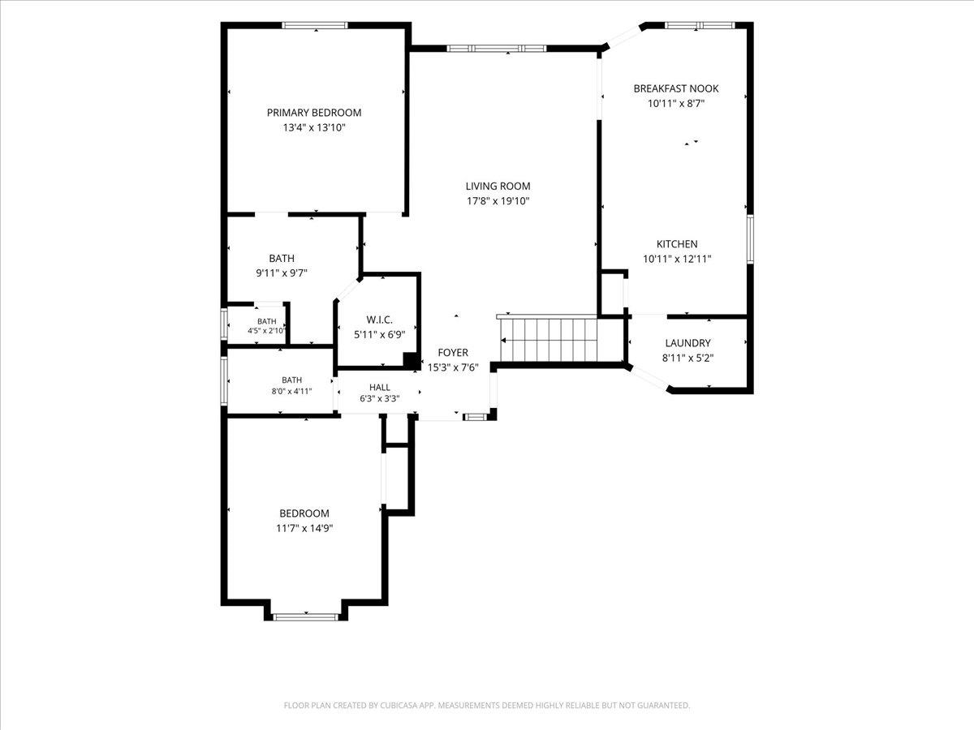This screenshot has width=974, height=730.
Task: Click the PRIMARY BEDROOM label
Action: coord(314,113)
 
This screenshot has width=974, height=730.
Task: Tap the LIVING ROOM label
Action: coord(498,187)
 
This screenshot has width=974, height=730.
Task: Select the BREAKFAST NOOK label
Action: coord(676,88)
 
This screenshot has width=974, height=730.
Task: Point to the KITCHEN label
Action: coord(677,244)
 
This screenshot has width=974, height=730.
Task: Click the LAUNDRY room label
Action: coord(687,343)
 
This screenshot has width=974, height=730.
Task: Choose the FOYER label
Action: coord(453,353)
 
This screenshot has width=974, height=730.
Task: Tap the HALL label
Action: coord(379,388)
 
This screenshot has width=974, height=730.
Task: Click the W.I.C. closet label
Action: coord(379,320)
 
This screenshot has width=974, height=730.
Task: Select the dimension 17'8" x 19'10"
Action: coord(498,201)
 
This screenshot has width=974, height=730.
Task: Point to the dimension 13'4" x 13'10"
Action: coord(314,127)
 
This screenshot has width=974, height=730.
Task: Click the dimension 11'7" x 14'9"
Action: coord(304,528)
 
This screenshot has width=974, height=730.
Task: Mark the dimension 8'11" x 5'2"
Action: coord(687,359)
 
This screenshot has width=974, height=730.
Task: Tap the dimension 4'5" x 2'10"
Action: coord(266,330)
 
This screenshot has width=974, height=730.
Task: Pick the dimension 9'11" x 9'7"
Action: coord(282,273)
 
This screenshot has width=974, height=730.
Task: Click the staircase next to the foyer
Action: coord(549,339)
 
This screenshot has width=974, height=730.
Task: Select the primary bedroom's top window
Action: coord(315,25)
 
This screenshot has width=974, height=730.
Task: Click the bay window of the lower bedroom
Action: coord(305,617)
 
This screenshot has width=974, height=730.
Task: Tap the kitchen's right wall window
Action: coord(750,239)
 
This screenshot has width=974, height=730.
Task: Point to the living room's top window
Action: coord(496,49)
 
